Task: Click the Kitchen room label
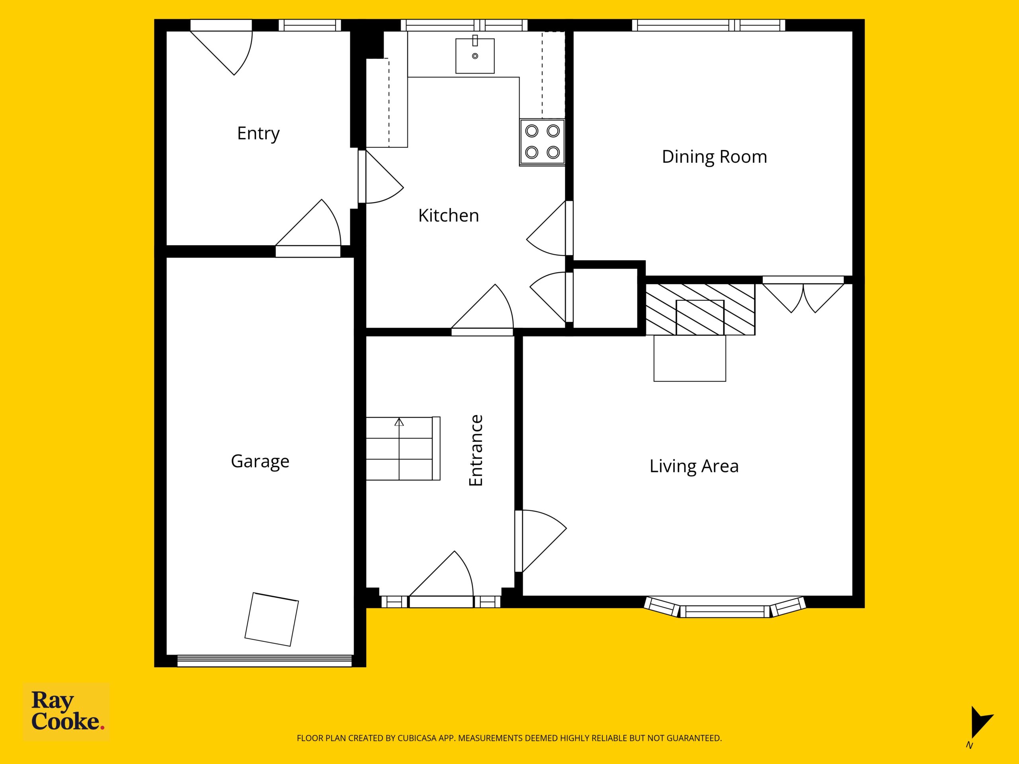click(448, 216)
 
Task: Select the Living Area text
click(694, 466)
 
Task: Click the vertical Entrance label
click(476, 450)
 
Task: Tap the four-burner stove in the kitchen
click(542, 142)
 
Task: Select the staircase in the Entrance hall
click(403, 448)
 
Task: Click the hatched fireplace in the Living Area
click(700, 310)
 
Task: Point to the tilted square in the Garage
click(271, 619)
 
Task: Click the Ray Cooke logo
click(67, 711)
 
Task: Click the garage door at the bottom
click(264, 661)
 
